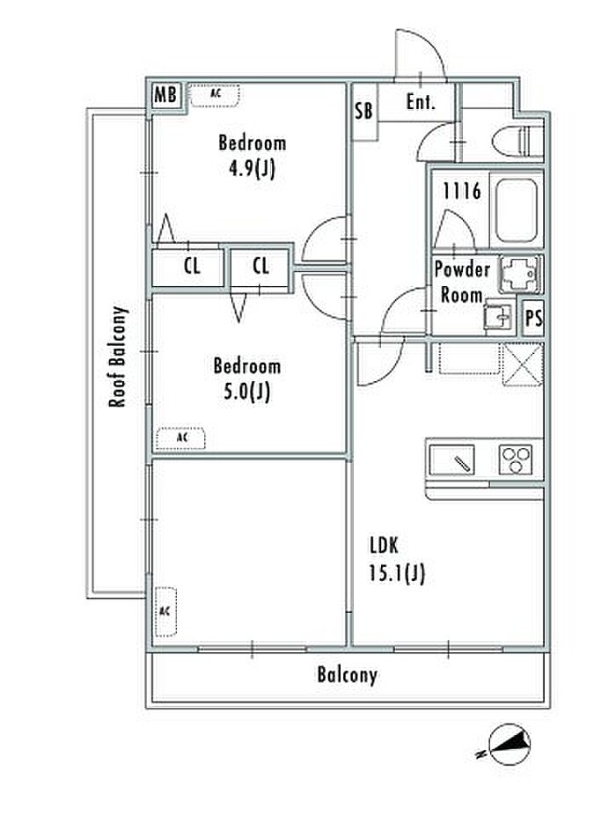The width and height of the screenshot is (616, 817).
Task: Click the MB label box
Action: click(166, 95)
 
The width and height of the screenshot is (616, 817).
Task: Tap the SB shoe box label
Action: click(364, 110)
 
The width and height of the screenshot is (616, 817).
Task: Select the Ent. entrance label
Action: click(421, 101)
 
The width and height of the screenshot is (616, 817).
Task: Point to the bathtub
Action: click(516, 210)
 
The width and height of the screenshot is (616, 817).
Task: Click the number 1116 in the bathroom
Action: click(462, 191)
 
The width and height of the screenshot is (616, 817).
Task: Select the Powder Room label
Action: click(462, 282)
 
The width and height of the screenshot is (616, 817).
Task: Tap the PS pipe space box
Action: click(533, 317)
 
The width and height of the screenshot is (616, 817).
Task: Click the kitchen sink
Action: click(451, 460)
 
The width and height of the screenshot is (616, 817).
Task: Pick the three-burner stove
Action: click(516, 460)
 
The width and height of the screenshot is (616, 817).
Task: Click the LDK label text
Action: click(384, 546)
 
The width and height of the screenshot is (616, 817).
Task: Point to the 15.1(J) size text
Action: click(397, 574)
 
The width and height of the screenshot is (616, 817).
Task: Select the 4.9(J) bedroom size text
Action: click(252, 168)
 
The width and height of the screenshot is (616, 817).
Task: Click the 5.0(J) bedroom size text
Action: click(246, 391)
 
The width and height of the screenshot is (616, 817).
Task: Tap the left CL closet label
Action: click(192, 266)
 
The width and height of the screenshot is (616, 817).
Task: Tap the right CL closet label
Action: click(260, 266)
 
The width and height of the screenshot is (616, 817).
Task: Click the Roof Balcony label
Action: click(118, 357)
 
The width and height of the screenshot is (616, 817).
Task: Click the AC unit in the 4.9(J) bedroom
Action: click(215, 95)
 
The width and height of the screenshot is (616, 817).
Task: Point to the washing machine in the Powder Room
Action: click(521, 275)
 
